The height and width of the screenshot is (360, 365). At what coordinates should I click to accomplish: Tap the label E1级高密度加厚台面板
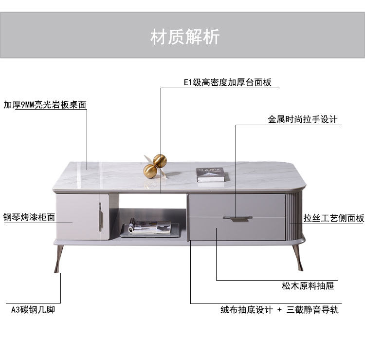[x=227, y=82]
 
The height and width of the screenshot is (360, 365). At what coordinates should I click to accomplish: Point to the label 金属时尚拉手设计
[x=303, y=119]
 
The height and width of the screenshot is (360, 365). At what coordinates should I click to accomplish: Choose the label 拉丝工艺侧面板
[x=333, y=219]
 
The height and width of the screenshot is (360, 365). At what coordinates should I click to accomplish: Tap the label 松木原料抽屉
[x=308, y=286]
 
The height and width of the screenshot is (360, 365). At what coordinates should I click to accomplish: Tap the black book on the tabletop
[x=210, y=174]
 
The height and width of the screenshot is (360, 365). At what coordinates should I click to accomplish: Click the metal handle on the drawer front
[x=237, y=217]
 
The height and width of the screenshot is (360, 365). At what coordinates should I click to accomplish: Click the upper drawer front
[x=237, y=205]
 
